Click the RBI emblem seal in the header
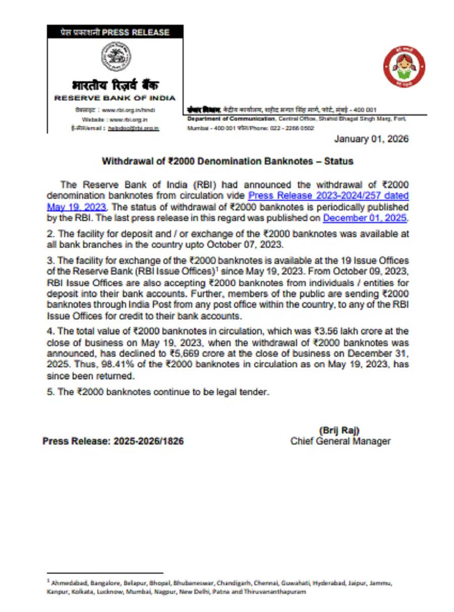[x=116, y=56]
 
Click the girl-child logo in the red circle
[x=404, y=67]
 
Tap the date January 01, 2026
[x=371, y=139]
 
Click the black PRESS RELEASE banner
[x=115, y=32]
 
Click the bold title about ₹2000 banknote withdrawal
[x=228, y=161]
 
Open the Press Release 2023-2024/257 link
[x=328, y=196]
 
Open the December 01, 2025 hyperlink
[x=365, y=218]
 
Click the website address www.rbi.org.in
[x=128, y=119]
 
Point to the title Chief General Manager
[x=340, y=441]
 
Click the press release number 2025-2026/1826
[x=148, y=441]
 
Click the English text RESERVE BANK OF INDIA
[x=115, y=98]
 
